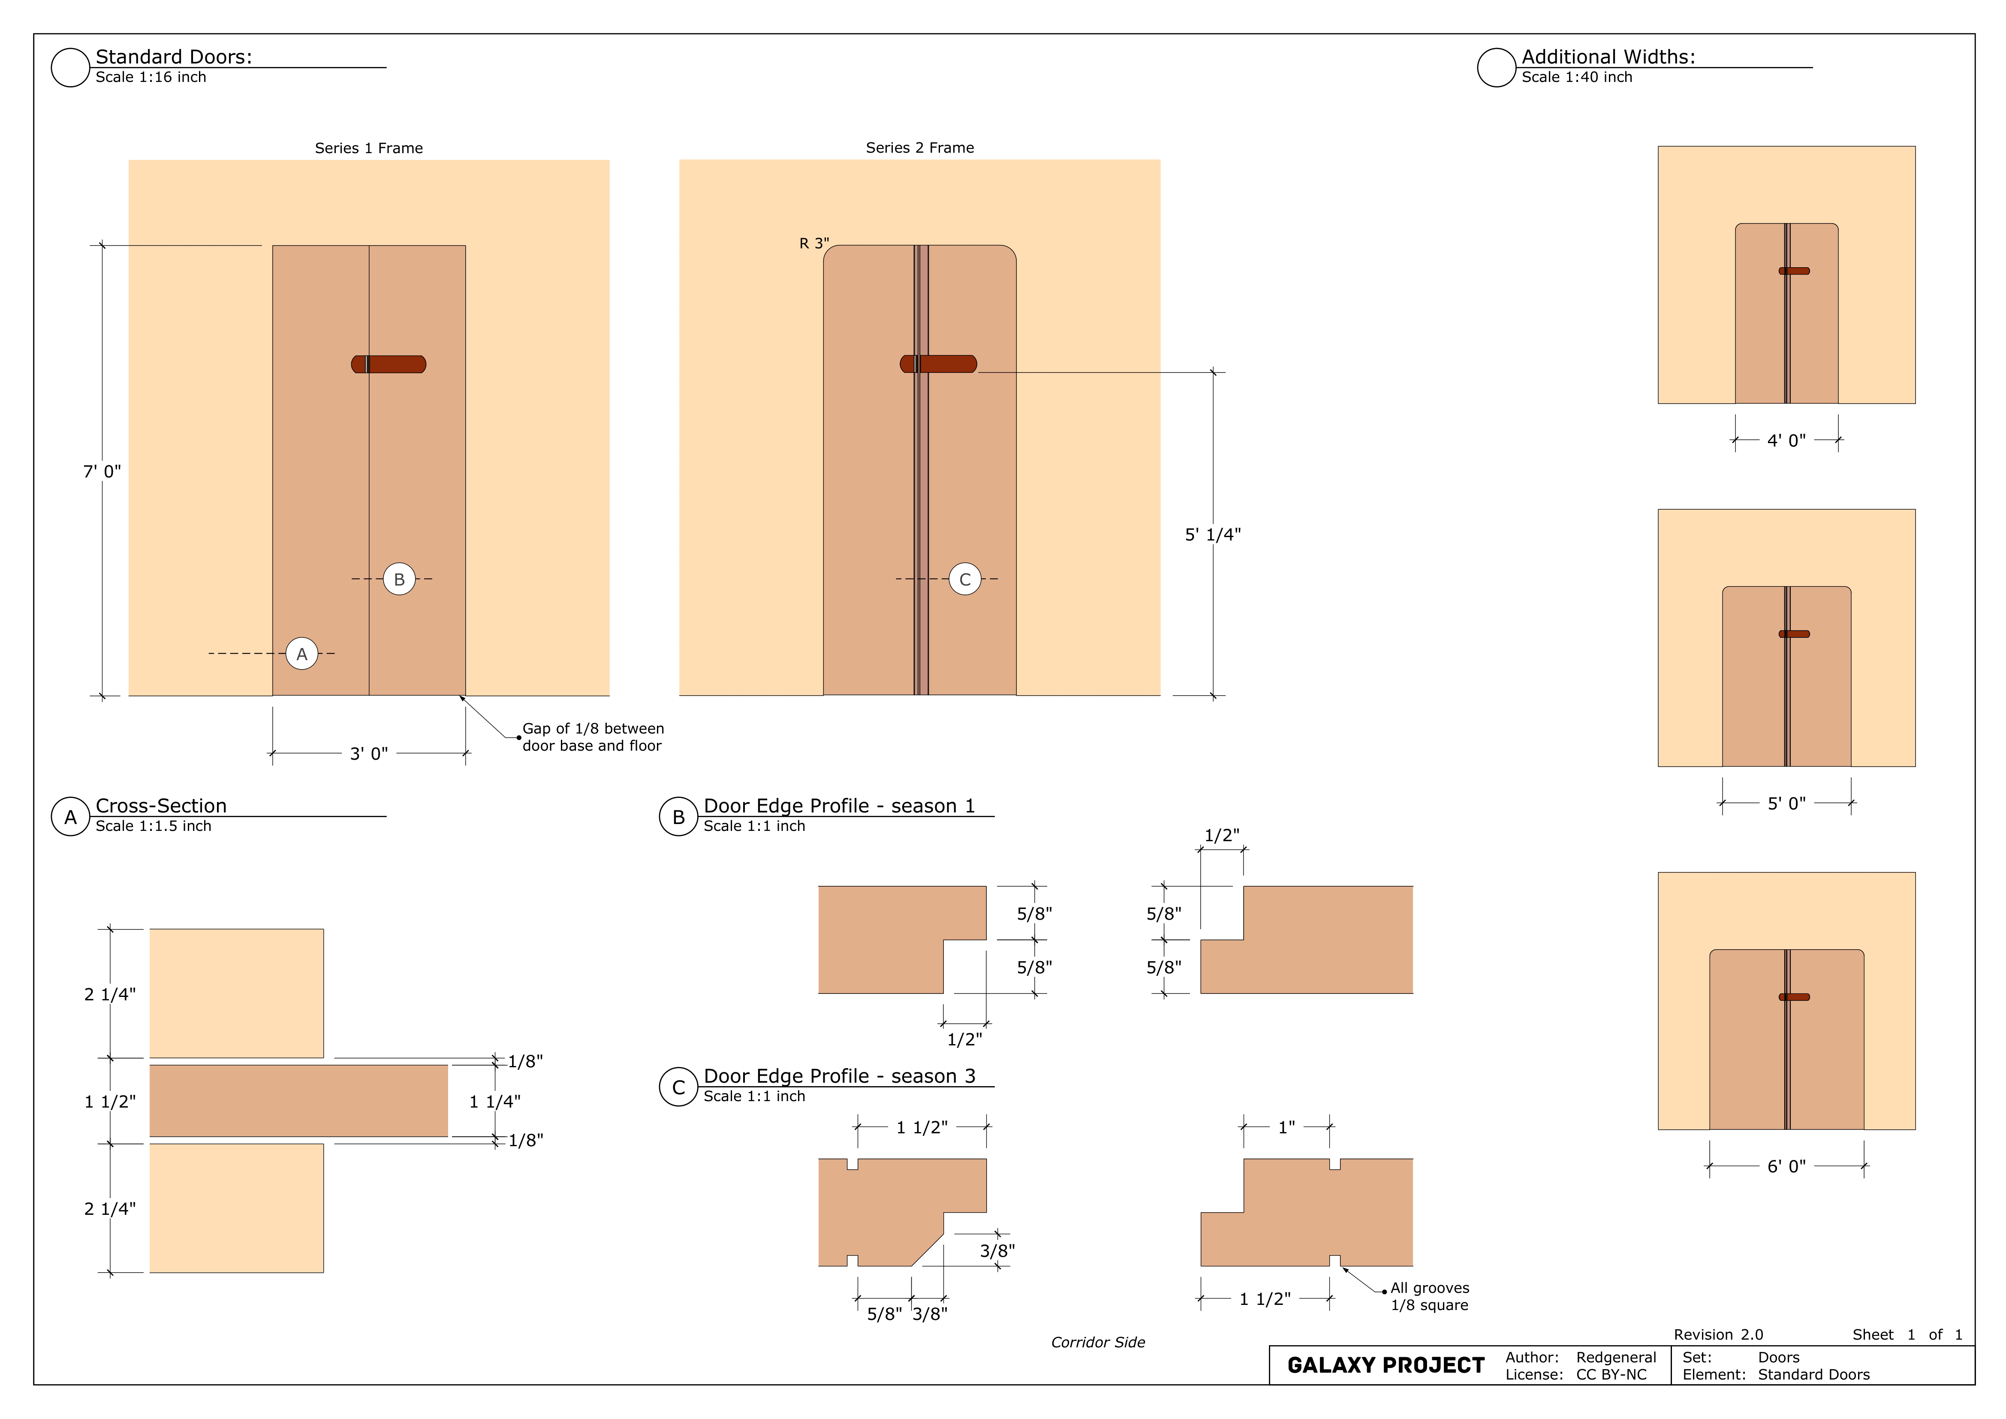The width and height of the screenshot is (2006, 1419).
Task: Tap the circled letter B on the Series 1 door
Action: (x=399, y=579)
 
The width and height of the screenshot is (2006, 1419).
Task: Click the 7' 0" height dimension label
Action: (x=102, y=472)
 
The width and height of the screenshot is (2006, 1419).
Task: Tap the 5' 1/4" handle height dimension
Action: (x=1213, y=535)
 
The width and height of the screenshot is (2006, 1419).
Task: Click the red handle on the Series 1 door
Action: (x=389, y=364)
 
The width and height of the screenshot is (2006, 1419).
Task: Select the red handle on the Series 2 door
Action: (x=938, y=364)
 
